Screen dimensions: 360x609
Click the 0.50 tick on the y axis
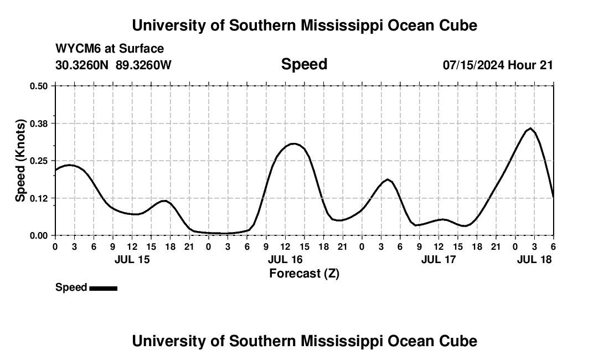[39, 86]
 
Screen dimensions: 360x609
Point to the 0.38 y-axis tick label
[39, 123]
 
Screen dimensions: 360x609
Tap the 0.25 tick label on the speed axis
[39, 161]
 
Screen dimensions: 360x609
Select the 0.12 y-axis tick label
[39, 198]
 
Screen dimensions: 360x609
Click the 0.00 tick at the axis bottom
[39, 235]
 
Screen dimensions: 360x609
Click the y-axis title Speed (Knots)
[20, 161]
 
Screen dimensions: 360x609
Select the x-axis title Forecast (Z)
[304, 273]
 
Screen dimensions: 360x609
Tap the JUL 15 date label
[132, 259]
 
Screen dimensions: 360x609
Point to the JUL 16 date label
[285, 259]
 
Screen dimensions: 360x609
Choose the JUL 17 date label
[438, 259]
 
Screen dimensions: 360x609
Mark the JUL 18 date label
[534, 259]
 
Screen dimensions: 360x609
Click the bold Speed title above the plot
[304, 64]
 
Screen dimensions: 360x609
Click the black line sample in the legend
[103, 288]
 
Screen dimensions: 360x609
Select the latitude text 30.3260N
[82, 65]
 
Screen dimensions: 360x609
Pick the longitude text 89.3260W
[143, 65]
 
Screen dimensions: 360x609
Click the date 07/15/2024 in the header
[473, 65]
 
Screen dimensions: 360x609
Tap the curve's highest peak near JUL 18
[530, 128]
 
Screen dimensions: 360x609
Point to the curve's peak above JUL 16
[294, 143]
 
